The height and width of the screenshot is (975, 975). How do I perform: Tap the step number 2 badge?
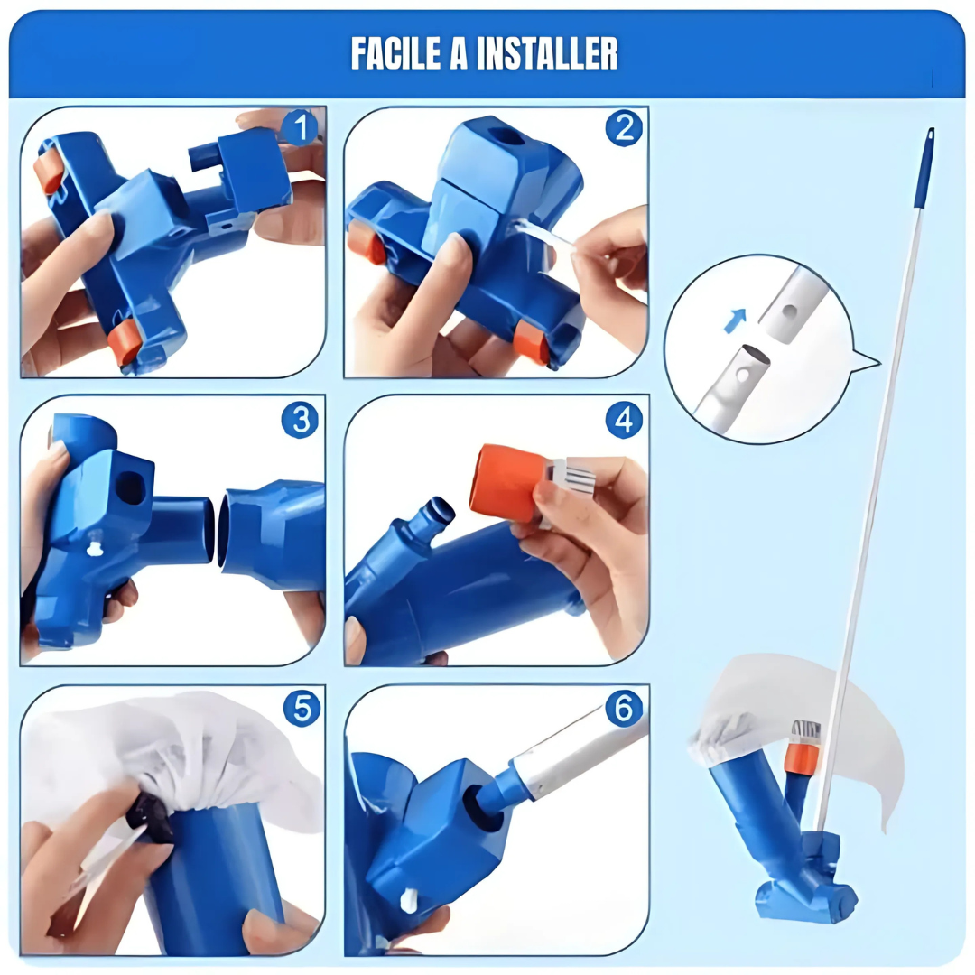click(x=624, y=130)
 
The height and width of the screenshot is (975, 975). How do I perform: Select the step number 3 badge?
click(x=300, y=420)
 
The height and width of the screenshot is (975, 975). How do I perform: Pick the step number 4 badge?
click(x=624, y=420)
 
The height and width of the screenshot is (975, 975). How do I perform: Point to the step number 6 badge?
click(x=624, y=709)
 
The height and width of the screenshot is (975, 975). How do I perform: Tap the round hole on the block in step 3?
click(x=131, y=487)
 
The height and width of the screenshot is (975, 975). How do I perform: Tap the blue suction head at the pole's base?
click(x=806, y=889)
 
